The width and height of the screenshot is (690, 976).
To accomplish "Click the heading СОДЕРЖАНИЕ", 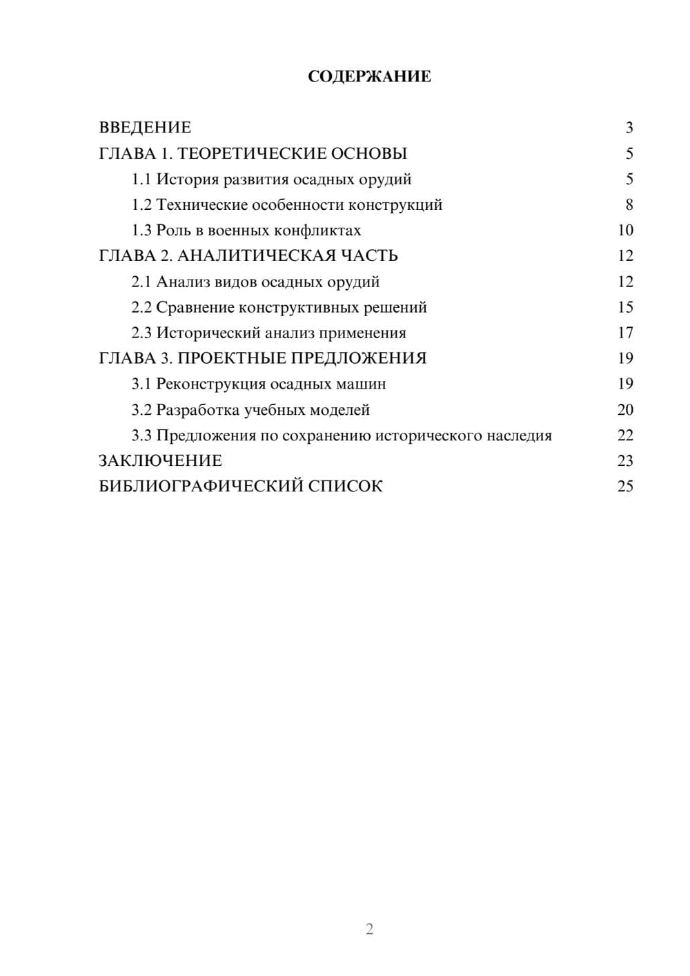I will (369, 77).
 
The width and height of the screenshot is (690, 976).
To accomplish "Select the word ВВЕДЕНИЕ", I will (145, 128).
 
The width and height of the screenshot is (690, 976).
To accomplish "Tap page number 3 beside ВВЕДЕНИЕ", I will (629, 128).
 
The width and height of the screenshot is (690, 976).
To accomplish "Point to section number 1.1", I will (141, 179).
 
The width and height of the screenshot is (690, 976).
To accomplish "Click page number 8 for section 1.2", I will (629, 205).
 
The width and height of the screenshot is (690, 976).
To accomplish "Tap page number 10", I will (625, 231).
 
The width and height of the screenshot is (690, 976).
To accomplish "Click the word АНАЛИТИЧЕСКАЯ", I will (253, 256).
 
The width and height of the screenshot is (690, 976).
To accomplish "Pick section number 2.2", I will (141, 307).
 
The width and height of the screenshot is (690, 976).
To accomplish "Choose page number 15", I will (625, 307).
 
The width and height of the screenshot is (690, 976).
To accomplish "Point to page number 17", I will (625, 333).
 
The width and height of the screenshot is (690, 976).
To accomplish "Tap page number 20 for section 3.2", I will (625, 409).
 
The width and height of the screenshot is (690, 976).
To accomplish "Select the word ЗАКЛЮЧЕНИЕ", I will (160, 460).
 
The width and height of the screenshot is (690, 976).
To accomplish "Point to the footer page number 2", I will (369, 929).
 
